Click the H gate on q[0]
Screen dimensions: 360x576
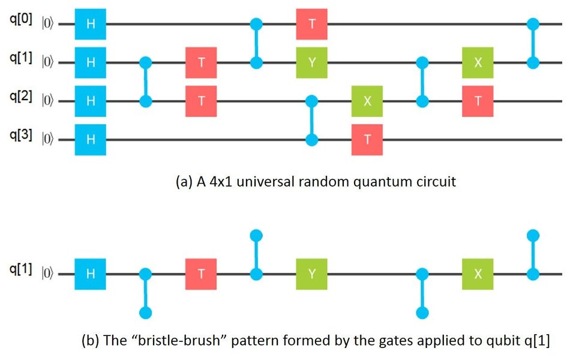tap(90, 24)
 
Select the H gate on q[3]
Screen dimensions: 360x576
tap(90, 139)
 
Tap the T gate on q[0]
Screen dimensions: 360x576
tap(311, 24)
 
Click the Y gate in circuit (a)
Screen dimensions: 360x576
tap(311, 62)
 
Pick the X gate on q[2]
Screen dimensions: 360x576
tap(367, 101)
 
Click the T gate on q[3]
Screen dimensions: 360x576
tap(367, 139)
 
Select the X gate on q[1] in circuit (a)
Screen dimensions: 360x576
tap(478, 62)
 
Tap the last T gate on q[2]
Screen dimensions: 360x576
tap(478, 101)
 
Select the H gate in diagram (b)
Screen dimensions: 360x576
tap(90, 274)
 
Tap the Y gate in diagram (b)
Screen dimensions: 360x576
tap(311, 274)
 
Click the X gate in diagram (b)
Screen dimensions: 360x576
tap(478, 274)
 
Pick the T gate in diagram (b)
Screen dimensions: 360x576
tap(201, 274)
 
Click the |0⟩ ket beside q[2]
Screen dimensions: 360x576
tap(47, 101)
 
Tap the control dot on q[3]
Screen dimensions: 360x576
tap(311, 140)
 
